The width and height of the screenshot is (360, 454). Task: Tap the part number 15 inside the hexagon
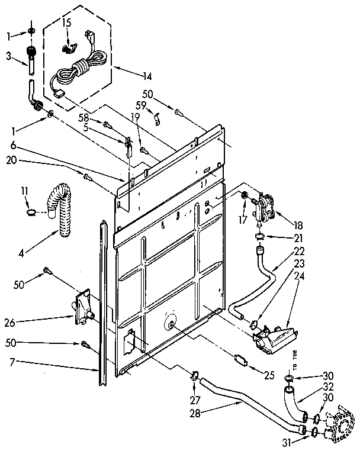[67, 22]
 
